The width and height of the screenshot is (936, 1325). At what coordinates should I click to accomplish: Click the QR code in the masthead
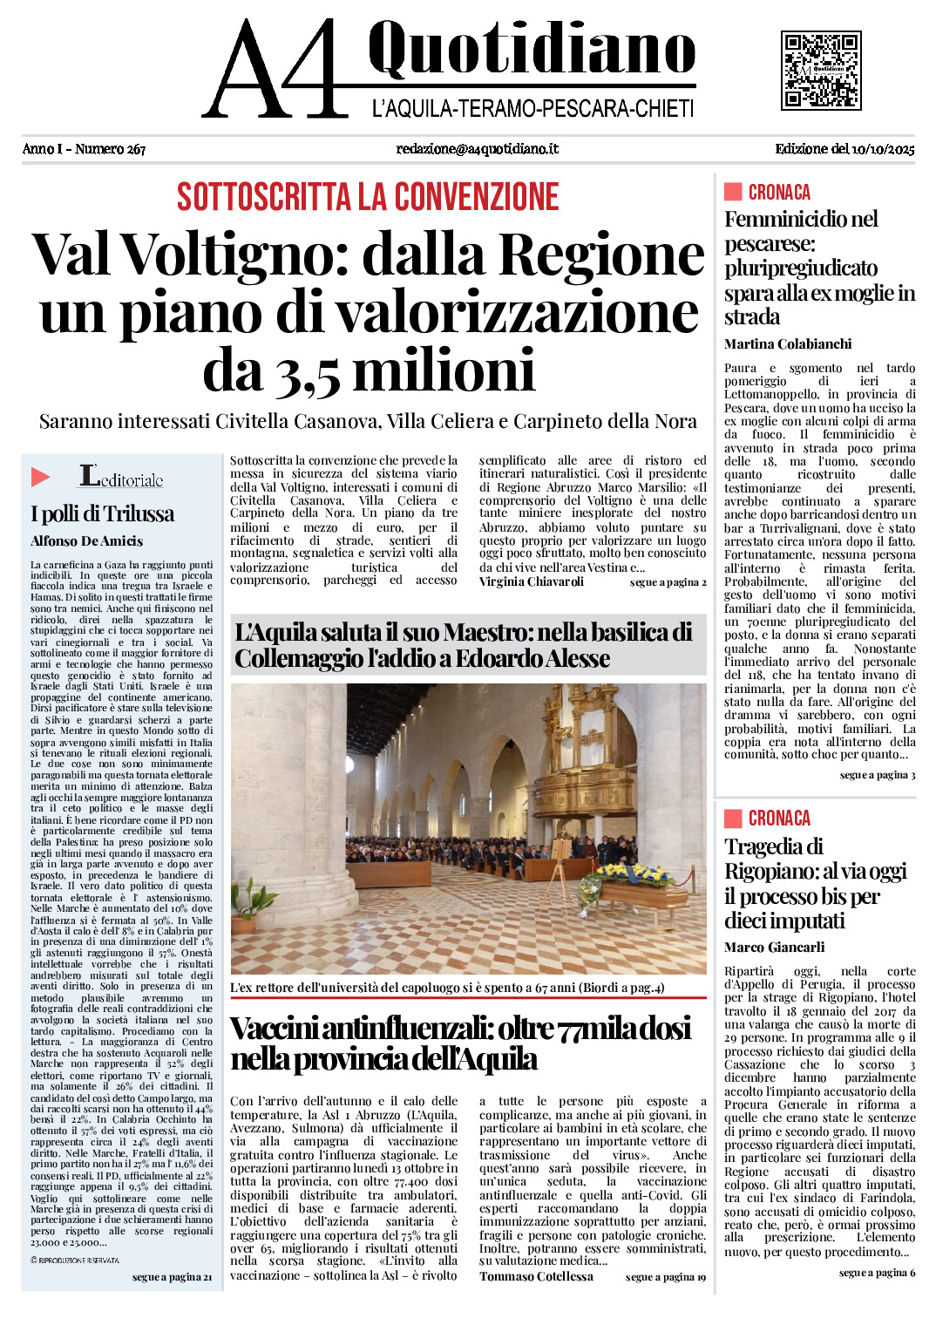[x=821, y=71]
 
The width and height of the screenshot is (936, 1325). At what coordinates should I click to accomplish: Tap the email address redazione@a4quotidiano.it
[x=477, y=149]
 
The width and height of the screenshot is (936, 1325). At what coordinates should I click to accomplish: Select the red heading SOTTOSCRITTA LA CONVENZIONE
[x=368, y=197]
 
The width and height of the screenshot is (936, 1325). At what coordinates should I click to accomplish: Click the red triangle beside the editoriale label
[x=41, y=477]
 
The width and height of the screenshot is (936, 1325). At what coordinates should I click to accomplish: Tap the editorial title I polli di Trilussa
[x=102, y=513]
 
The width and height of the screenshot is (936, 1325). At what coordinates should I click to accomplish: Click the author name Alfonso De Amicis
[x=87, y=541]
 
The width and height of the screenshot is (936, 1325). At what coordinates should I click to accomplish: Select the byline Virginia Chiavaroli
[x=532, y=581]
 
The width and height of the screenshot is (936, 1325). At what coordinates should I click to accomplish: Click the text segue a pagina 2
[x=668, y=582]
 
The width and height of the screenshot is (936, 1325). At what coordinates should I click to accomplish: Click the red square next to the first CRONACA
[x=733, y=192]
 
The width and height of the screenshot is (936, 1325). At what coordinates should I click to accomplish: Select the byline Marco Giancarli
[x=774, y=948]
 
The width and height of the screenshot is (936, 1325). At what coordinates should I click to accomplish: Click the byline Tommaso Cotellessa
[x=536, y=1276]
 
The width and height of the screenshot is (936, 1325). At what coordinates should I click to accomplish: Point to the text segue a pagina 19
[x=665, y=1277]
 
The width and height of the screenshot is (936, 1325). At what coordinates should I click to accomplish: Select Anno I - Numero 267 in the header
[x=84, y=149]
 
